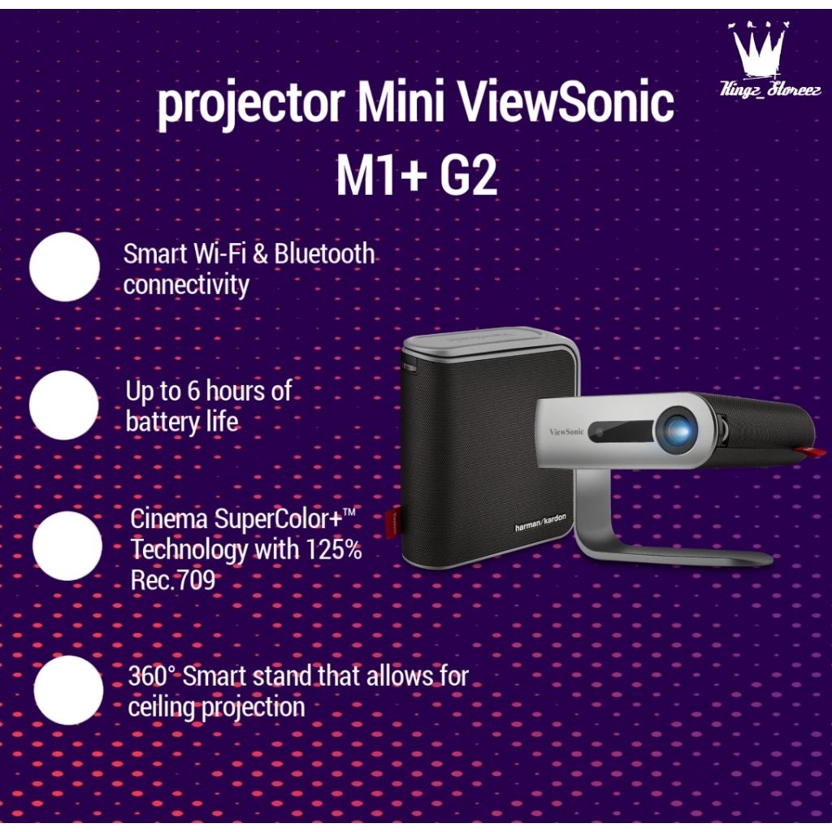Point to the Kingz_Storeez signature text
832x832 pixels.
pyautogui.click(x=760, y=90)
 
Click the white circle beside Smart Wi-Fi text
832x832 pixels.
pyautogui.click(x=64, y=266)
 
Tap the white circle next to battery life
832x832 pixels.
pyautogui.click(x=64, y=405)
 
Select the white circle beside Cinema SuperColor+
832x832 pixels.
pyautogui.click(x=67, y=545)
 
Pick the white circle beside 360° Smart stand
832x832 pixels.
pyautogui.click(x=68, y=690)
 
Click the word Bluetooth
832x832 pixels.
pyautogui.click(x=324, y=254)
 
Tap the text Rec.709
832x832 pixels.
pyautogui.click(x=172, y=580)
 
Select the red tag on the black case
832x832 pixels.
pyautogui.click(x=397, y=524)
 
